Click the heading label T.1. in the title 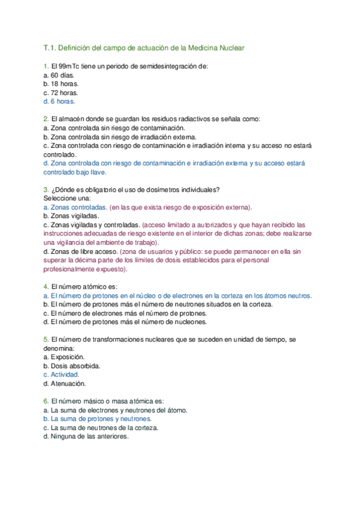[49, 48]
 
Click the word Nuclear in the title [231, 48]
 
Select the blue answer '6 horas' [62, 102]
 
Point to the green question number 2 [46, 119]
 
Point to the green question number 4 [46, 287]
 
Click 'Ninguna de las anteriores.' [90, 437]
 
